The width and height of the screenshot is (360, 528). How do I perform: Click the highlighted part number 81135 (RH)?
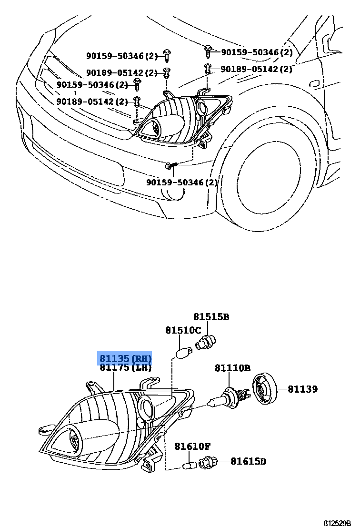point(125,358)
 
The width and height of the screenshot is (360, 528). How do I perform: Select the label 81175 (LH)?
point(125,367)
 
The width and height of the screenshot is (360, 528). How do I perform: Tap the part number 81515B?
point(211,317)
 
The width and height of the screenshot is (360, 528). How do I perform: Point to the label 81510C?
point(183,330)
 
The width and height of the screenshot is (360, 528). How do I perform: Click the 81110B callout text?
point(232,368)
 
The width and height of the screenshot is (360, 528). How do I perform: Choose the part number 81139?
point(302,389)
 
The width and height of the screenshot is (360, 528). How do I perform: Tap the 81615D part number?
point(248,461)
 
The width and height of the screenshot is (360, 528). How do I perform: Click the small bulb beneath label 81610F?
point(189,465)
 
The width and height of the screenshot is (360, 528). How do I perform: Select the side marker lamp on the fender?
point(316,84)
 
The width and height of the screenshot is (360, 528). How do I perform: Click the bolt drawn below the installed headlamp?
point(172,165)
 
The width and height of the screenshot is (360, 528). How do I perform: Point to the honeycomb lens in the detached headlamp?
point(74,437)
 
